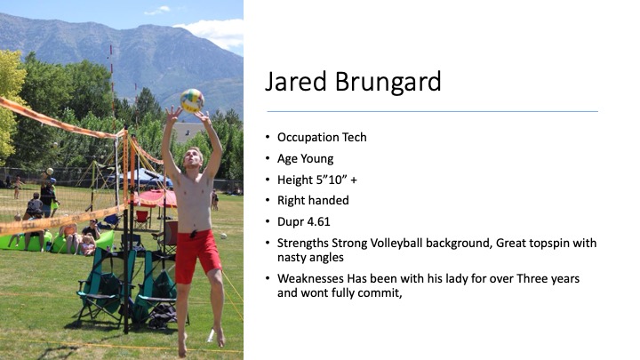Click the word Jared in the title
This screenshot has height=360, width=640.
[x=296, y=82]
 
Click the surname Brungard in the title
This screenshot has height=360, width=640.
[x=388, y=82]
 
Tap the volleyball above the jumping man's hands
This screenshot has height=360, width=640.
[x=192, y=100]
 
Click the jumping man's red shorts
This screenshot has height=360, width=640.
[x=196, y=255]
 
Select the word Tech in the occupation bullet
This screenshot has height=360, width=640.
[x=355, y=137]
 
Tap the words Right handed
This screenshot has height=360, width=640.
[x=313, y=200]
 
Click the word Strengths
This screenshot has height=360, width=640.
[x=303, y=244]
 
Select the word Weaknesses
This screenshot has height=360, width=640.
[x=310, y=279]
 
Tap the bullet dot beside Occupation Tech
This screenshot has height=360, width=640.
[x=268, y=137]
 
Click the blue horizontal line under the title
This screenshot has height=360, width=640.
[x=432, y=111]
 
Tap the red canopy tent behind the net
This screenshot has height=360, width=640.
[x=156, y=198]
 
